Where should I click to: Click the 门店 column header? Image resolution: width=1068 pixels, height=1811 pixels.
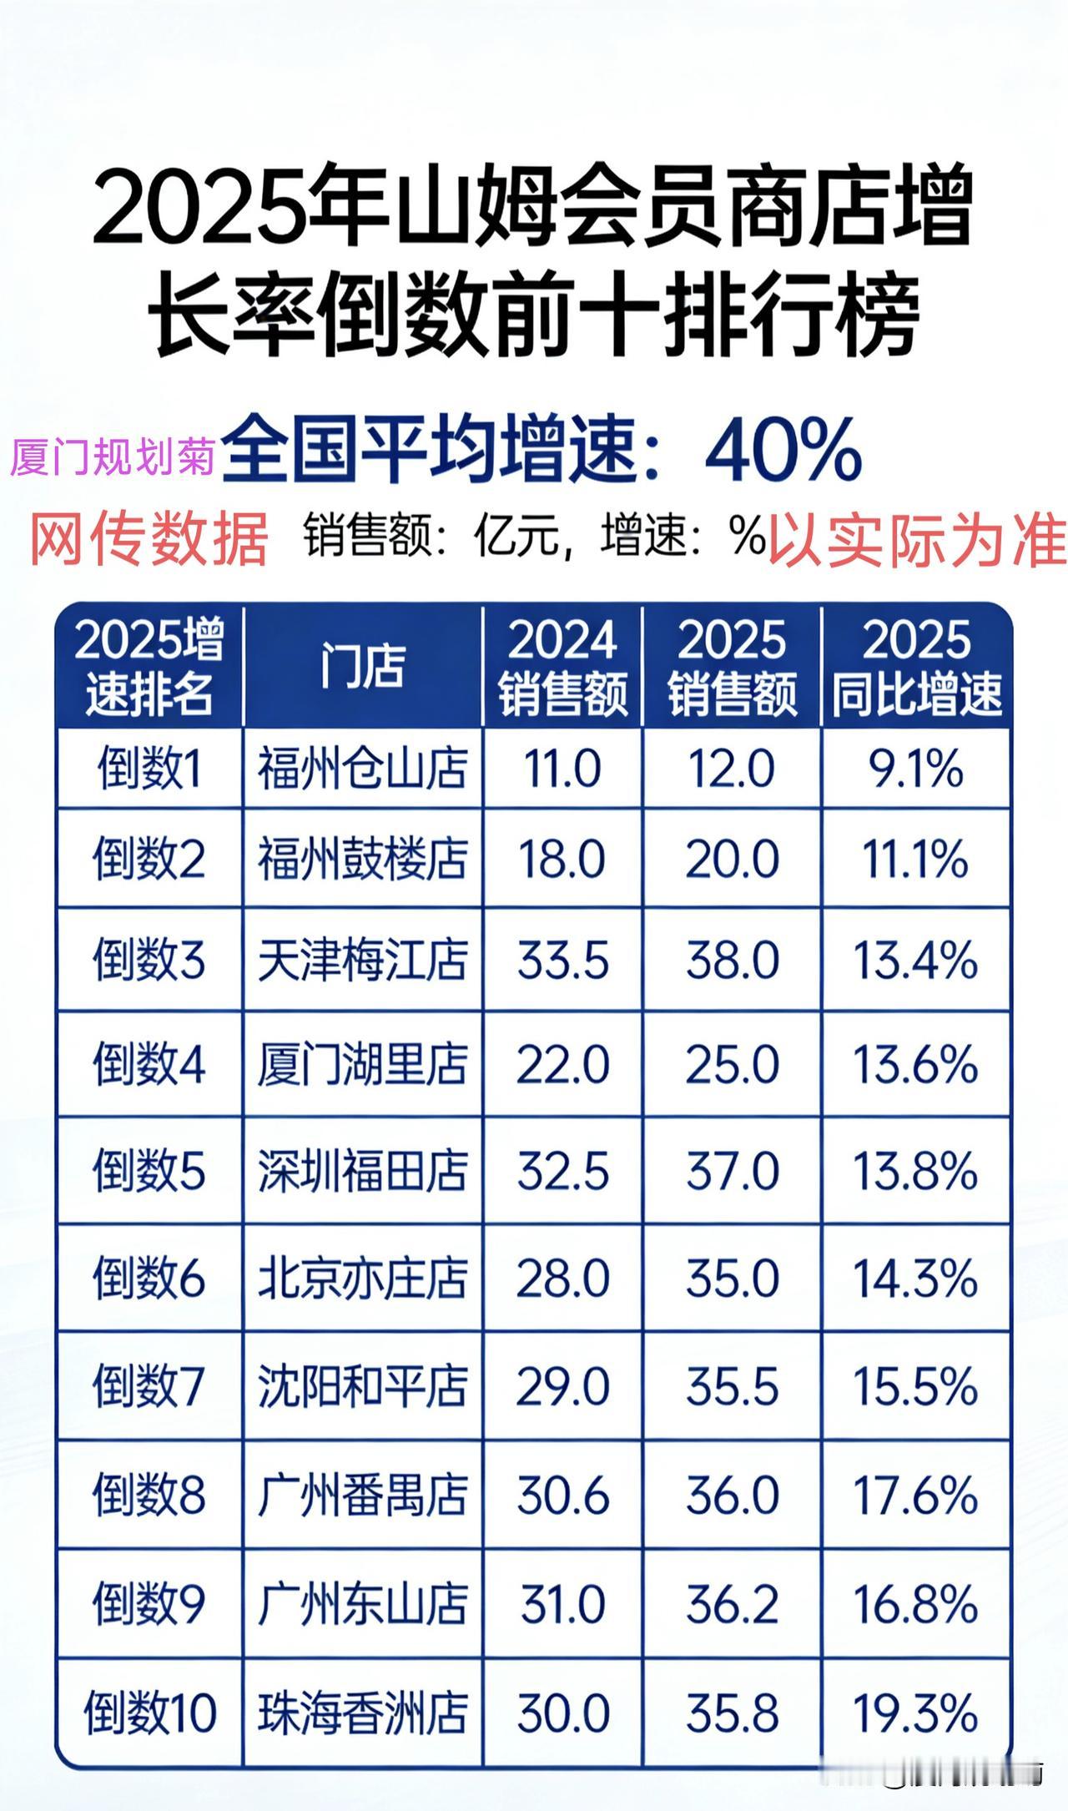(x=362, y=666)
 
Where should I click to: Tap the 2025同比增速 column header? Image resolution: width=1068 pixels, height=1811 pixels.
(x=916, y=666)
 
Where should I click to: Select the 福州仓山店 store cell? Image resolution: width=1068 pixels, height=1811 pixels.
(x=362, y=769)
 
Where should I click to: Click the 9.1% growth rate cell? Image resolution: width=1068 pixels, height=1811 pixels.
(x=916, y=769)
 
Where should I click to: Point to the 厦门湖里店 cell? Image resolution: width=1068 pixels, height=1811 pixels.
(x=362, y=1065)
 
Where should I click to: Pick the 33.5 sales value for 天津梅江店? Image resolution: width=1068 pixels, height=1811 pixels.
(x=562, y=960)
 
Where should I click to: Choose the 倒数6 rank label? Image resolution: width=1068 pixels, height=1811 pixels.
(x=149, y=1278)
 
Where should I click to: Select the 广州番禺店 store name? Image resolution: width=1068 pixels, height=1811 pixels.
(x=362, y=1495)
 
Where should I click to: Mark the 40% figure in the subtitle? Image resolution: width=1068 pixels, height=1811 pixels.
(x=783, y=452)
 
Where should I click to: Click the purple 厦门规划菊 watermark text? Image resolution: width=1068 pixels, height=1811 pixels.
(x=113, y=457)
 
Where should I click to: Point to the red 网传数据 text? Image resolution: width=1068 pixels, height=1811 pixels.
(x=149, y=538)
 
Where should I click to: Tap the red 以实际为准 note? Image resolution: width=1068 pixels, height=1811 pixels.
(x=916, y=538)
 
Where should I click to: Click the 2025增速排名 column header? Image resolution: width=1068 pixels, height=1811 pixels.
(x=149, y=666)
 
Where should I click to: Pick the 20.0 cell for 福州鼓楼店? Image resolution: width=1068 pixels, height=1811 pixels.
(x=732, y=860)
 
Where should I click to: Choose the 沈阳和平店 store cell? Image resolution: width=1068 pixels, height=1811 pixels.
(x=362, y=1386)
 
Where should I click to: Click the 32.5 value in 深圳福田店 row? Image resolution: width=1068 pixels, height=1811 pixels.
(x=562, y=1171)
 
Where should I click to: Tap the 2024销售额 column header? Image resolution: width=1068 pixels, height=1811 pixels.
(x=562, y=666)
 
